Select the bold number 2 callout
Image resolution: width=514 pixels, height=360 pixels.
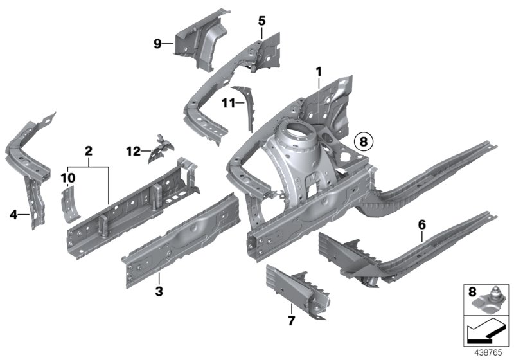(89, 151)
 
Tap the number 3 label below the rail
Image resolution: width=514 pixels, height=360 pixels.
(159, 292)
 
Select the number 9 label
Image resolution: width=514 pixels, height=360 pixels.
(157, 44)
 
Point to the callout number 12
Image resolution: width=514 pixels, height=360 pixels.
(133, 151)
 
